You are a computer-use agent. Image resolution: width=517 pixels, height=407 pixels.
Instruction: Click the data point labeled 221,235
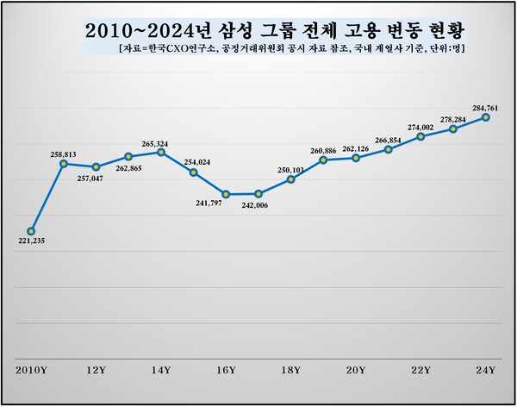click(31, 231)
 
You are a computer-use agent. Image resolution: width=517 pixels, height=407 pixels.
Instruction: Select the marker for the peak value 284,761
click(486, 116)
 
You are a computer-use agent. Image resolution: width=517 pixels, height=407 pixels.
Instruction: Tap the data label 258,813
click(62, 154)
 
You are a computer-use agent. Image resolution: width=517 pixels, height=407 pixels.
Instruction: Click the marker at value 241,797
click(226, 194)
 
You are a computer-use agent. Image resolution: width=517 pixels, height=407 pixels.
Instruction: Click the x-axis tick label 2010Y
click(31, 370)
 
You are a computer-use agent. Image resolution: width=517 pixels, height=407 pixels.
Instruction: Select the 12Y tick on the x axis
click(96, 370)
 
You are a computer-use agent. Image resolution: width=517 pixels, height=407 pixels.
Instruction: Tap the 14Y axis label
click(161, 370)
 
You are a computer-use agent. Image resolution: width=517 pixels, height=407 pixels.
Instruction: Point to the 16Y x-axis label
click(226, 370)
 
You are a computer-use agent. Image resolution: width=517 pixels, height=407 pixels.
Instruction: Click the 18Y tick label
click(291, 370)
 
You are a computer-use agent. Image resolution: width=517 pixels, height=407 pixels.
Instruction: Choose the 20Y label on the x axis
click(356, 370)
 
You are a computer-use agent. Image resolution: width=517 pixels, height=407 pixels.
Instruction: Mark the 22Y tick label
click(421, 370)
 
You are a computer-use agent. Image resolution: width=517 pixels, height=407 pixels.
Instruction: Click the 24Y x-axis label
click(486, 370)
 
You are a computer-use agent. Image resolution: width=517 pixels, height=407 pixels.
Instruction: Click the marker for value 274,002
click(421, 136)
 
